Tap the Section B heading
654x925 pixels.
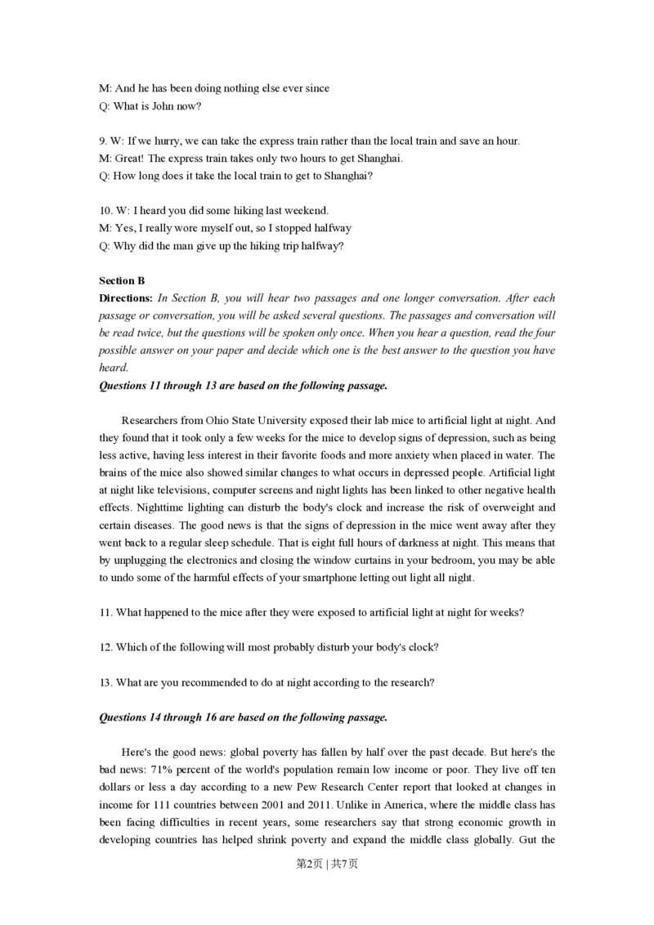(122, 280)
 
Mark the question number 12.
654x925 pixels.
(105, 647)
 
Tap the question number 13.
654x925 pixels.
(105, 682)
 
